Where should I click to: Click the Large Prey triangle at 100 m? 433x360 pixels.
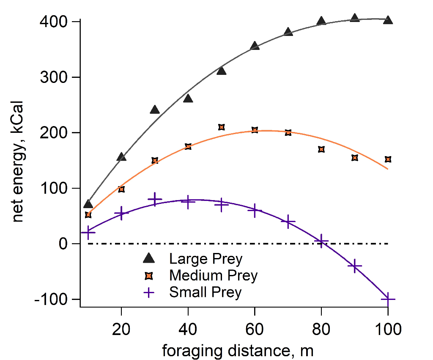coord(388,20)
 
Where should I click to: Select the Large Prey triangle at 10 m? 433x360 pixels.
coord(88,204)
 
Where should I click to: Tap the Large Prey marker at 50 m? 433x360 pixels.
coord(221,71)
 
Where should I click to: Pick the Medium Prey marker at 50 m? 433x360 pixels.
coord(221,127)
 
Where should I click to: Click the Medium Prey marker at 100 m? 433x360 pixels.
coord(388,159)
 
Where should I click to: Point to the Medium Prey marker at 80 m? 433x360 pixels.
coord(321,149)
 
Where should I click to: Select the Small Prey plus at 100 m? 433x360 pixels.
coord(388,299)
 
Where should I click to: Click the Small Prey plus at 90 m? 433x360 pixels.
coord(355,266)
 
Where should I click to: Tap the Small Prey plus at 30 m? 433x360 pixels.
coord(155,199)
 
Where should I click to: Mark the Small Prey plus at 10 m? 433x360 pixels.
coord(88,232)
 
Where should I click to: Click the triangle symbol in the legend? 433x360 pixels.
coord(148,258)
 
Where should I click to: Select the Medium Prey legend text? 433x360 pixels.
coord(213,276)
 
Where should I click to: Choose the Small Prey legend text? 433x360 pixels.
coord(206,292)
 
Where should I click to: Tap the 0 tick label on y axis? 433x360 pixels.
coord(63,244)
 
